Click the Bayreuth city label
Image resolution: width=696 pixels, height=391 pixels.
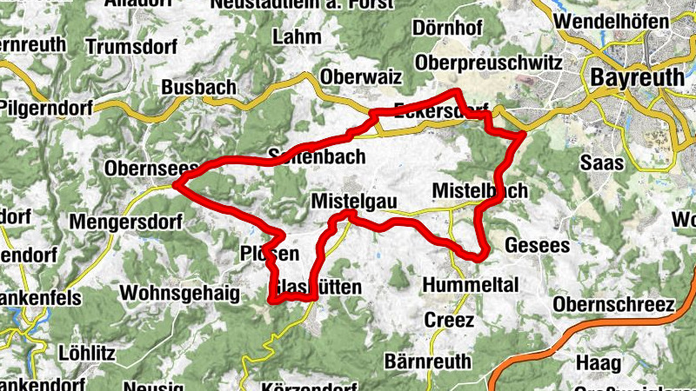tap(638, 77)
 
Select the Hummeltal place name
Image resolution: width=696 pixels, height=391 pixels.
tap(470, 285)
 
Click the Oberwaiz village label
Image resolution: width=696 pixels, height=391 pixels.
tap(361, 77)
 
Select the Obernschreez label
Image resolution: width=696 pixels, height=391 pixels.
tap(613, 305)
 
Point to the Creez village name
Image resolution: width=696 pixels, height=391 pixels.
tap(449, 320)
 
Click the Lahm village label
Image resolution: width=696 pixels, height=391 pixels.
tap(297, 37)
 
